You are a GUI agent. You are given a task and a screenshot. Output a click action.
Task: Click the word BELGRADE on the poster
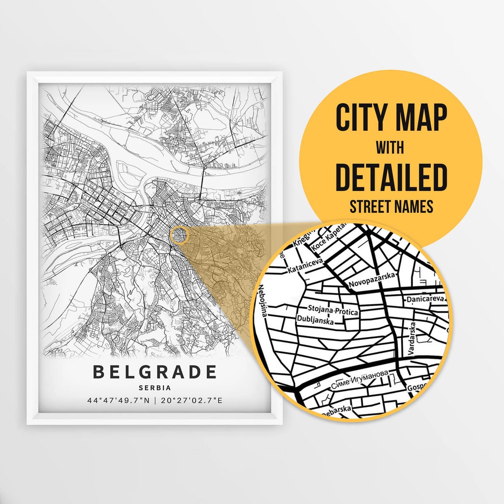(x=155, y=372)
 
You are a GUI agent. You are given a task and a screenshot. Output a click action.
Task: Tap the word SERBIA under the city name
(x=155, y=387)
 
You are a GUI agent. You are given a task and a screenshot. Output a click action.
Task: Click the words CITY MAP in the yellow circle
(x=391, y=118)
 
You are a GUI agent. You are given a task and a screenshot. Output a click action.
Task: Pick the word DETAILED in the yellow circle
(x=391, y=177)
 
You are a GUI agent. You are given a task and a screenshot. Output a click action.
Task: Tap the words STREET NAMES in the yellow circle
(x=391, y=206)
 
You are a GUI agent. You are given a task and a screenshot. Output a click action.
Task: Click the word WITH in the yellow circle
(x=391, y=148)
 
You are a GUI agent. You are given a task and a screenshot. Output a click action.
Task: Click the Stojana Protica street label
(x=333, y=309)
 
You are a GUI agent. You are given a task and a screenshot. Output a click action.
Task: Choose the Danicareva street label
(x=425, y=299)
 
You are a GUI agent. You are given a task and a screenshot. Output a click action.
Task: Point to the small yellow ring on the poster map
(x=179, y=235)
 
